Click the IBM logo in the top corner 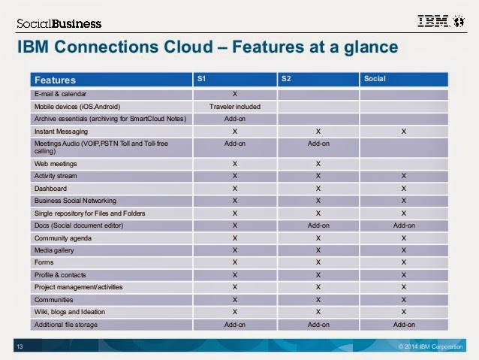(x=441, y=21)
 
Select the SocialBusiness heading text (x=59, y=23)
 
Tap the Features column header (x=55, y=80)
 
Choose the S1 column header (x=202, y=79)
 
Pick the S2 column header (x=286, y=79)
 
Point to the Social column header (x=375, y=79)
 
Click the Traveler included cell (x=234, y=107)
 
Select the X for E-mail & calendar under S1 (x=234, y=94)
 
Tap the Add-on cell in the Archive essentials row (x=234, y=119)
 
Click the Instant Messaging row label (x=61, y=132)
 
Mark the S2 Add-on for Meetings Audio (x=318, y=144)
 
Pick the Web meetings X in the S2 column (x=318, y=164)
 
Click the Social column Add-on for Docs (x=404, y=225)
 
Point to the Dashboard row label (x=50, y=189)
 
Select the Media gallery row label (x=54, y=250)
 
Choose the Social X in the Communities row (x=403, y=300)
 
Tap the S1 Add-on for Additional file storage (x=234, y=325)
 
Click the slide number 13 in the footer (x=20, y=346)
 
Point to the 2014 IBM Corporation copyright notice (x=430, y=346)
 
